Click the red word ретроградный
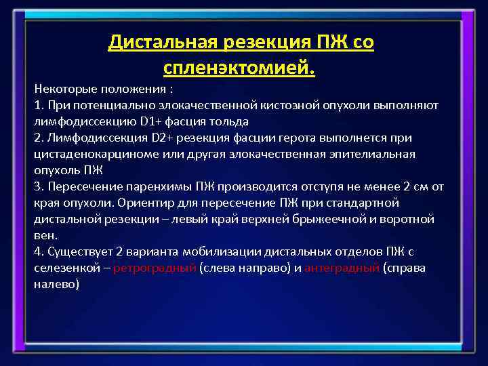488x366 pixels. pyautogui.click(x=155, y=268)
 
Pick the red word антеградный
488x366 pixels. pyautogui.click(x=342, y=268)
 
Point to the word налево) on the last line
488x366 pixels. pyautogui.click(x=56, y=285)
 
